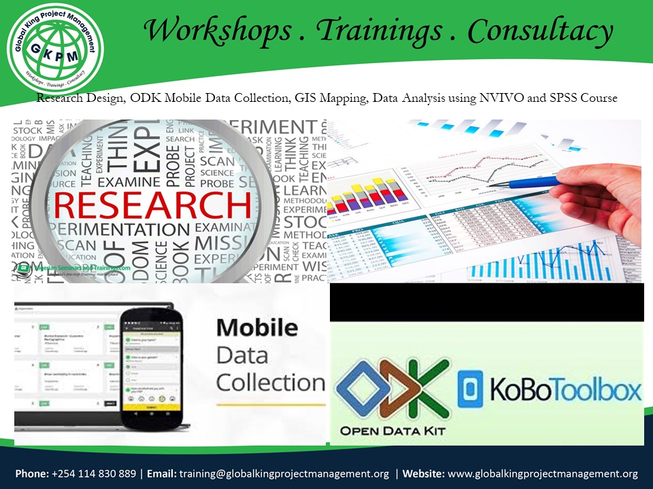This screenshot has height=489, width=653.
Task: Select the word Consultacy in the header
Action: [540, 31]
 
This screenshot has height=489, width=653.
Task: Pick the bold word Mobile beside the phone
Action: [256, 328]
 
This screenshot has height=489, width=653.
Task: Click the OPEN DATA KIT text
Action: [390, 431]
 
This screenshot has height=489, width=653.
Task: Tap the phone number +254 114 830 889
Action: [96, 474]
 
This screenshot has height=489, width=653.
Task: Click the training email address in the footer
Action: [284, 474]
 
